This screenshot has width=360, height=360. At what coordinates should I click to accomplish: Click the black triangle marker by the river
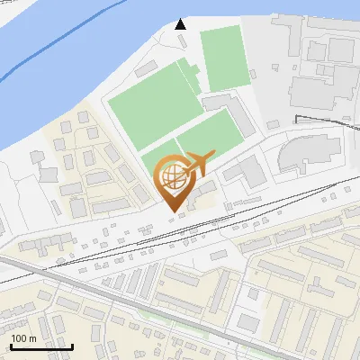point(181,23)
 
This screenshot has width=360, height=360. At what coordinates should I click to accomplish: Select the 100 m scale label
point(24,338)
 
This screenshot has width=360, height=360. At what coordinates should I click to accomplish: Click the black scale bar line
point(41,346)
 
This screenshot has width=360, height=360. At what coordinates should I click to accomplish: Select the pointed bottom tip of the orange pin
point(172,211)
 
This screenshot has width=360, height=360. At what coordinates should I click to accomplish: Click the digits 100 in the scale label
point(20,338)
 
